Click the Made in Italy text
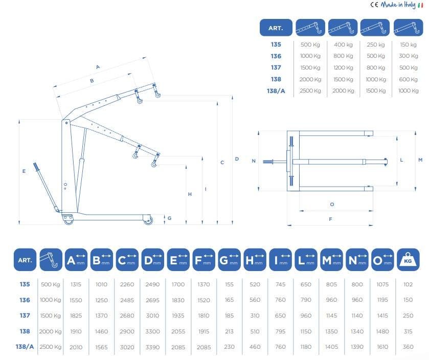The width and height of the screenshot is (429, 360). [398, 5]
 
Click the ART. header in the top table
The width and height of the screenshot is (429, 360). [276, 28]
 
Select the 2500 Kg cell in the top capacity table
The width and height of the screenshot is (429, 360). [310, 91]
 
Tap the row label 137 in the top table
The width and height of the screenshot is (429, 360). [276, 67]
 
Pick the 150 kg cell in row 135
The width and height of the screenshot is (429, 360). [408, 44]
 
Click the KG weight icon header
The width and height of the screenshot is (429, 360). [408, 260]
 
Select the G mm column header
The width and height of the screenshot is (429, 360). [230, 260]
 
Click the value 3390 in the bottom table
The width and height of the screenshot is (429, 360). [153, 347]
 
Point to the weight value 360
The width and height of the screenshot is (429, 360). [408, 347]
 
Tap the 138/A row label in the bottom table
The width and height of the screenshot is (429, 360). [25, 347]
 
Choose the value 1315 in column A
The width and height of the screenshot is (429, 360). [76, 284]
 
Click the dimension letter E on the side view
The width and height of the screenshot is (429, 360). [24, 171]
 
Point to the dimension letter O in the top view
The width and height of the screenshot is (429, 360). [332, 205]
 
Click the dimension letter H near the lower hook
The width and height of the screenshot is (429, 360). [190, 194]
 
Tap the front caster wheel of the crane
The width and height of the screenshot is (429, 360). [148, 221]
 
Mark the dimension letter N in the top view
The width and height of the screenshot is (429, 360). [254, 161]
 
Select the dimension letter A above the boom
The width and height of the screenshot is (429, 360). [98, 66]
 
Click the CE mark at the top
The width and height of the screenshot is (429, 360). [374, 5]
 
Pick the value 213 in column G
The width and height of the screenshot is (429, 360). [230, 331]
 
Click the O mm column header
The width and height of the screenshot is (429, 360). [383, 260]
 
